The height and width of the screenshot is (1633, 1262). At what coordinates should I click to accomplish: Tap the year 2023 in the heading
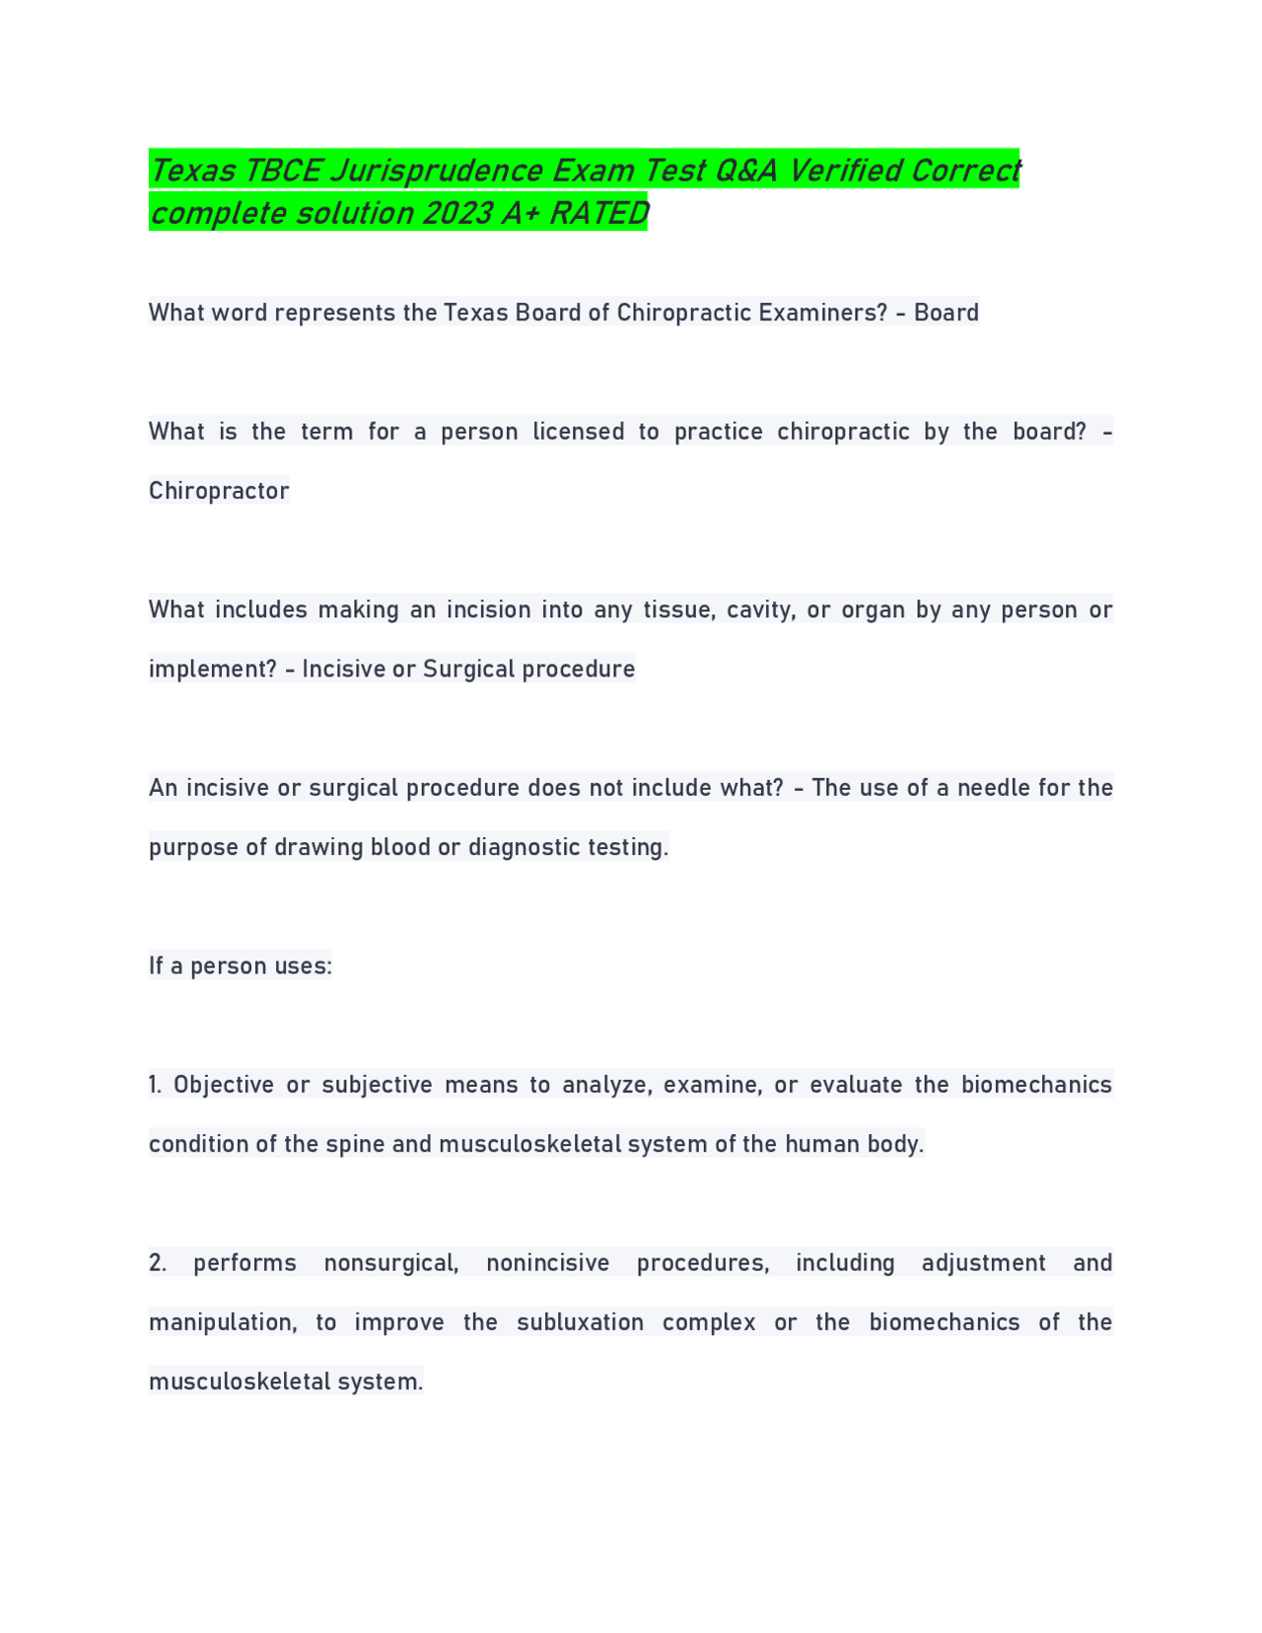pyautogui.click(x=459, y=214)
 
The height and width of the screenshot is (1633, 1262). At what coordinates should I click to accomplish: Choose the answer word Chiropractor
pyautogui.click(x=219, y=491)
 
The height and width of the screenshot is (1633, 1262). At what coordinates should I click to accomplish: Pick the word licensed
pyautogui.click(x=579, y=432)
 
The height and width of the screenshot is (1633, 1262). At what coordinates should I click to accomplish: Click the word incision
pyautogui.click(x=489, y=609)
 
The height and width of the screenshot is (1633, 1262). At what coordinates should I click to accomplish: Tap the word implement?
pyautogui.click(x=213, y=670)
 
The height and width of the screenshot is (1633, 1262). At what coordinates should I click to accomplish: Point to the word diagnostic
pyautogui.click(x=525, y=847)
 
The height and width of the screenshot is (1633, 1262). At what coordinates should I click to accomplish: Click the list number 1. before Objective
pyautogui.click(x=156, y=1085)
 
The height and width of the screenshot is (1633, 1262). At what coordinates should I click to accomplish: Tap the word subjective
pyautogui.click(x=378, y=1085)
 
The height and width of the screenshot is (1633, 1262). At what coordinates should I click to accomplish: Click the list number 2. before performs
pyautogui.click(x=158, y=1263)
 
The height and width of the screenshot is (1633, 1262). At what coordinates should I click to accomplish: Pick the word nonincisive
pyautogui.click(x=548, y=1263)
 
